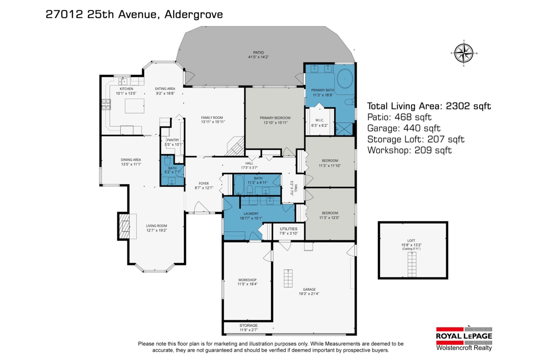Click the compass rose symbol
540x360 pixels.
(x=464, y=53)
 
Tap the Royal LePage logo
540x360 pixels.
(x=464, y=339)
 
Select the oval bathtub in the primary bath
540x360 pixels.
(x=345, y=79)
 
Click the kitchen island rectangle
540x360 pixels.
(x=135, y=106)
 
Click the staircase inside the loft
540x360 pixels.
(x=412, y=264)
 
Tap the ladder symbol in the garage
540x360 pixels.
(x=288, y=278)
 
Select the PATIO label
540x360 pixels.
(x=258, y=53)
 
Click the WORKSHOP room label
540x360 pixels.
(x=247, y=280)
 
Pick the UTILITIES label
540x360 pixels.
(x=288, y=229)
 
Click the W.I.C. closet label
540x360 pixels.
(x=319, y=120)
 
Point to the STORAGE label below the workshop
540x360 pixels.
(x=248, y=325)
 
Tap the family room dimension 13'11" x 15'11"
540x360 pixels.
(x=213, y=122)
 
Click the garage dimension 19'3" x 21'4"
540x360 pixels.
(x=309, y=294)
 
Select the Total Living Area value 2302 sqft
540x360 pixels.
(x=468, y=106)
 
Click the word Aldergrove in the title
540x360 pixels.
(x=193, y=14)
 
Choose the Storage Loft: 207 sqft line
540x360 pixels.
(x=416, y=139)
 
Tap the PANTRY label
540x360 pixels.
(x=173, y=140)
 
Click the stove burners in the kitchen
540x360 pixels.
(x=106, y=104)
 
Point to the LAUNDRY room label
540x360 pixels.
(x=251, y=214)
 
